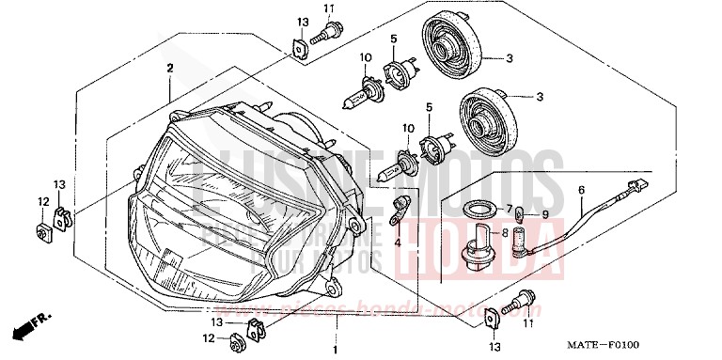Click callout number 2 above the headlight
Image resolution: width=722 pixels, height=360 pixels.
coord(171,68)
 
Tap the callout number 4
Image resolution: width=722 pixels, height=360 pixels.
coord(397,243)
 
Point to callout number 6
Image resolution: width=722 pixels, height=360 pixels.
coord(581,190)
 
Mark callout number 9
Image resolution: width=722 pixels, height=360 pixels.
coord(542,214)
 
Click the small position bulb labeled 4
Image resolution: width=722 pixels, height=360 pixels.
coord(400,208)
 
